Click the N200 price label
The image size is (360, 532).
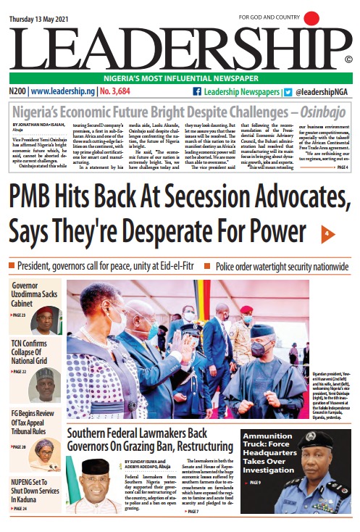click(17, 92)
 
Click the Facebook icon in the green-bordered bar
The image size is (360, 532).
click(196, 93)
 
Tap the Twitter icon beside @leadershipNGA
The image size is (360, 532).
click(288, 93)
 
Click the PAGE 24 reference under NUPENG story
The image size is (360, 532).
click(20, 509)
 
